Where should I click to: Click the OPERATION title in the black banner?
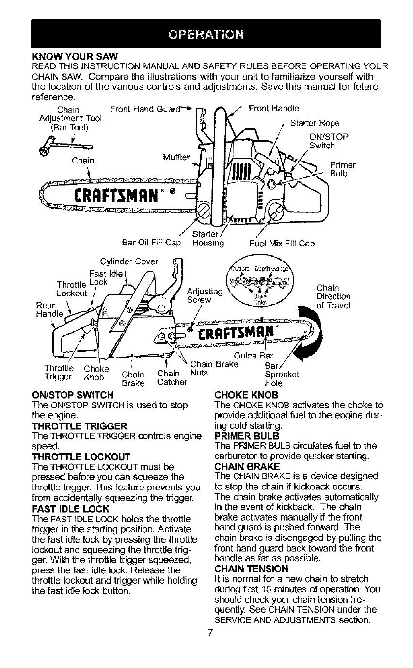click(x=206, y=34)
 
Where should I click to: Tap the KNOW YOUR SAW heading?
click(x=75, y=56)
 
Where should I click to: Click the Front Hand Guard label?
click(x=146, y=109)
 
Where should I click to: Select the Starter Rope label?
click(x=315, y=123)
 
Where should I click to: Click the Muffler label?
click(x=176, y=157)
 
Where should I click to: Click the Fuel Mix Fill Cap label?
click(x=282, y=244)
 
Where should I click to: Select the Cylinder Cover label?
click(x=129, y=261)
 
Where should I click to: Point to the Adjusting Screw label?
click(x=205, y=295)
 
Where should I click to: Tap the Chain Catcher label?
click(x=172, y=377)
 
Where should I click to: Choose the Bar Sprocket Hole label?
click(x=282, y=374)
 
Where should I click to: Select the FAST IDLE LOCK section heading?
click(x=71, y=509)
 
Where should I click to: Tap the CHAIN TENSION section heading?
click(x=251, y=569)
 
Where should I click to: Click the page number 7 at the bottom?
click(x=210, y=639)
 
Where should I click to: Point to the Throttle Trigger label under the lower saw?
click(x=59, y=373)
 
